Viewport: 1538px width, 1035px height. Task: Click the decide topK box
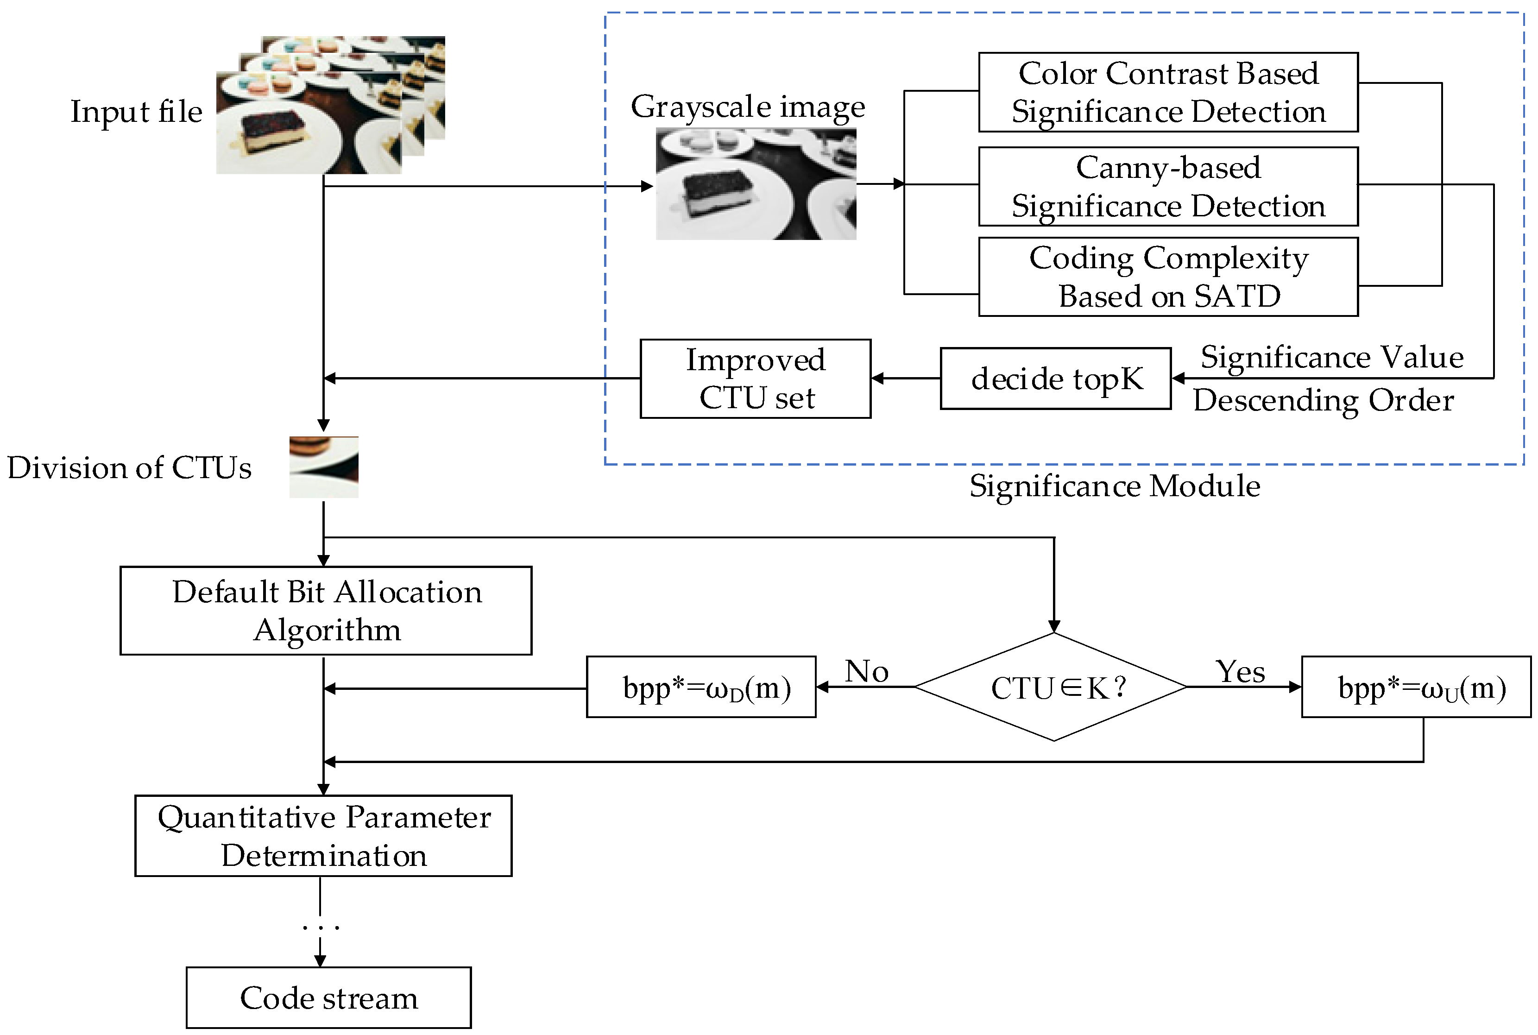point(1055,379)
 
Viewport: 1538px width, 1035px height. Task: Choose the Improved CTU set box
point(755,379)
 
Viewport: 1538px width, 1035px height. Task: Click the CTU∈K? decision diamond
point(1053,687)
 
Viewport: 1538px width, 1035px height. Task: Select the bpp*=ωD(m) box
point(701,687)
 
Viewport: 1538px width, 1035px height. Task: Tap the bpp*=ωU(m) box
point(1415,687)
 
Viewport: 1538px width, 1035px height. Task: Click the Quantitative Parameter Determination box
point(323,836)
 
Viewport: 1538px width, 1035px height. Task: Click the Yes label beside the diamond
point(1240,672)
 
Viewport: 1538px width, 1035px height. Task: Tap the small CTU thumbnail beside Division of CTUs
point(323,467)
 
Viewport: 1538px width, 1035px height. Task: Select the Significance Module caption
point(1114,486)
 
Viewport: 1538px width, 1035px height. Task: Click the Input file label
point(136,112)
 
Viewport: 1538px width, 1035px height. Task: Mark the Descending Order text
point(1323,400)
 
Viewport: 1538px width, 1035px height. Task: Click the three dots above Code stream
point(320,928)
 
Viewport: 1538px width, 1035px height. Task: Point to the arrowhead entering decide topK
point(1178,378)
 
